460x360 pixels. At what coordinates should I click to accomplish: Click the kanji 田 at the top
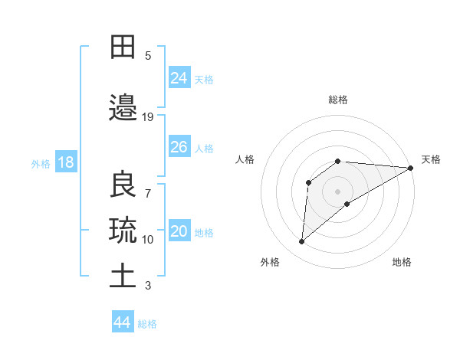coord(123,47)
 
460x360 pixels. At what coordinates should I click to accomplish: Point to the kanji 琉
coord(123,229)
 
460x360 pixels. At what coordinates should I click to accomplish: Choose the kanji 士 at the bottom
coord(123,275)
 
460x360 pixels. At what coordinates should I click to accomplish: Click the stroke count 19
coord(148,117)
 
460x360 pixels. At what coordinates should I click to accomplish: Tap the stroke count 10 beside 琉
coord(148,240)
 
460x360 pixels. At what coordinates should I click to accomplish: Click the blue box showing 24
coord(179,77)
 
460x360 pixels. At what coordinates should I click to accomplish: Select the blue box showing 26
coord(179,147)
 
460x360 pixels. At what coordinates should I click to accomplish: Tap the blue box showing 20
coord(179,232)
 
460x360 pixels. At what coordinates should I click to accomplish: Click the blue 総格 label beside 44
coord(147,324)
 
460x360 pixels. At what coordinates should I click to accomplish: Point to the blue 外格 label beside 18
coord(41,163)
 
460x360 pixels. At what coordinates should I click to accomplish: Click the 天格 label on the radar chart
coord(431,159)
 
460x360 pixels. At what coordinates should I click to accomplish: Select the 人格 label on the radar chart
coord(245,159)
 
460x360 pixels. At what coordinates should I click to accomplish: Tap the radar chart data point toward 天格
coord(410,168)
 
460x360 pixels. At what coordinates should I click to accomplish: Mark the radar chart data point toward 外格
coord(302,242)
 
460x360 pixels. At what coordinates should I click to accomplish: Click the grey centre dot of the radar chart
coord(337,191)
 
